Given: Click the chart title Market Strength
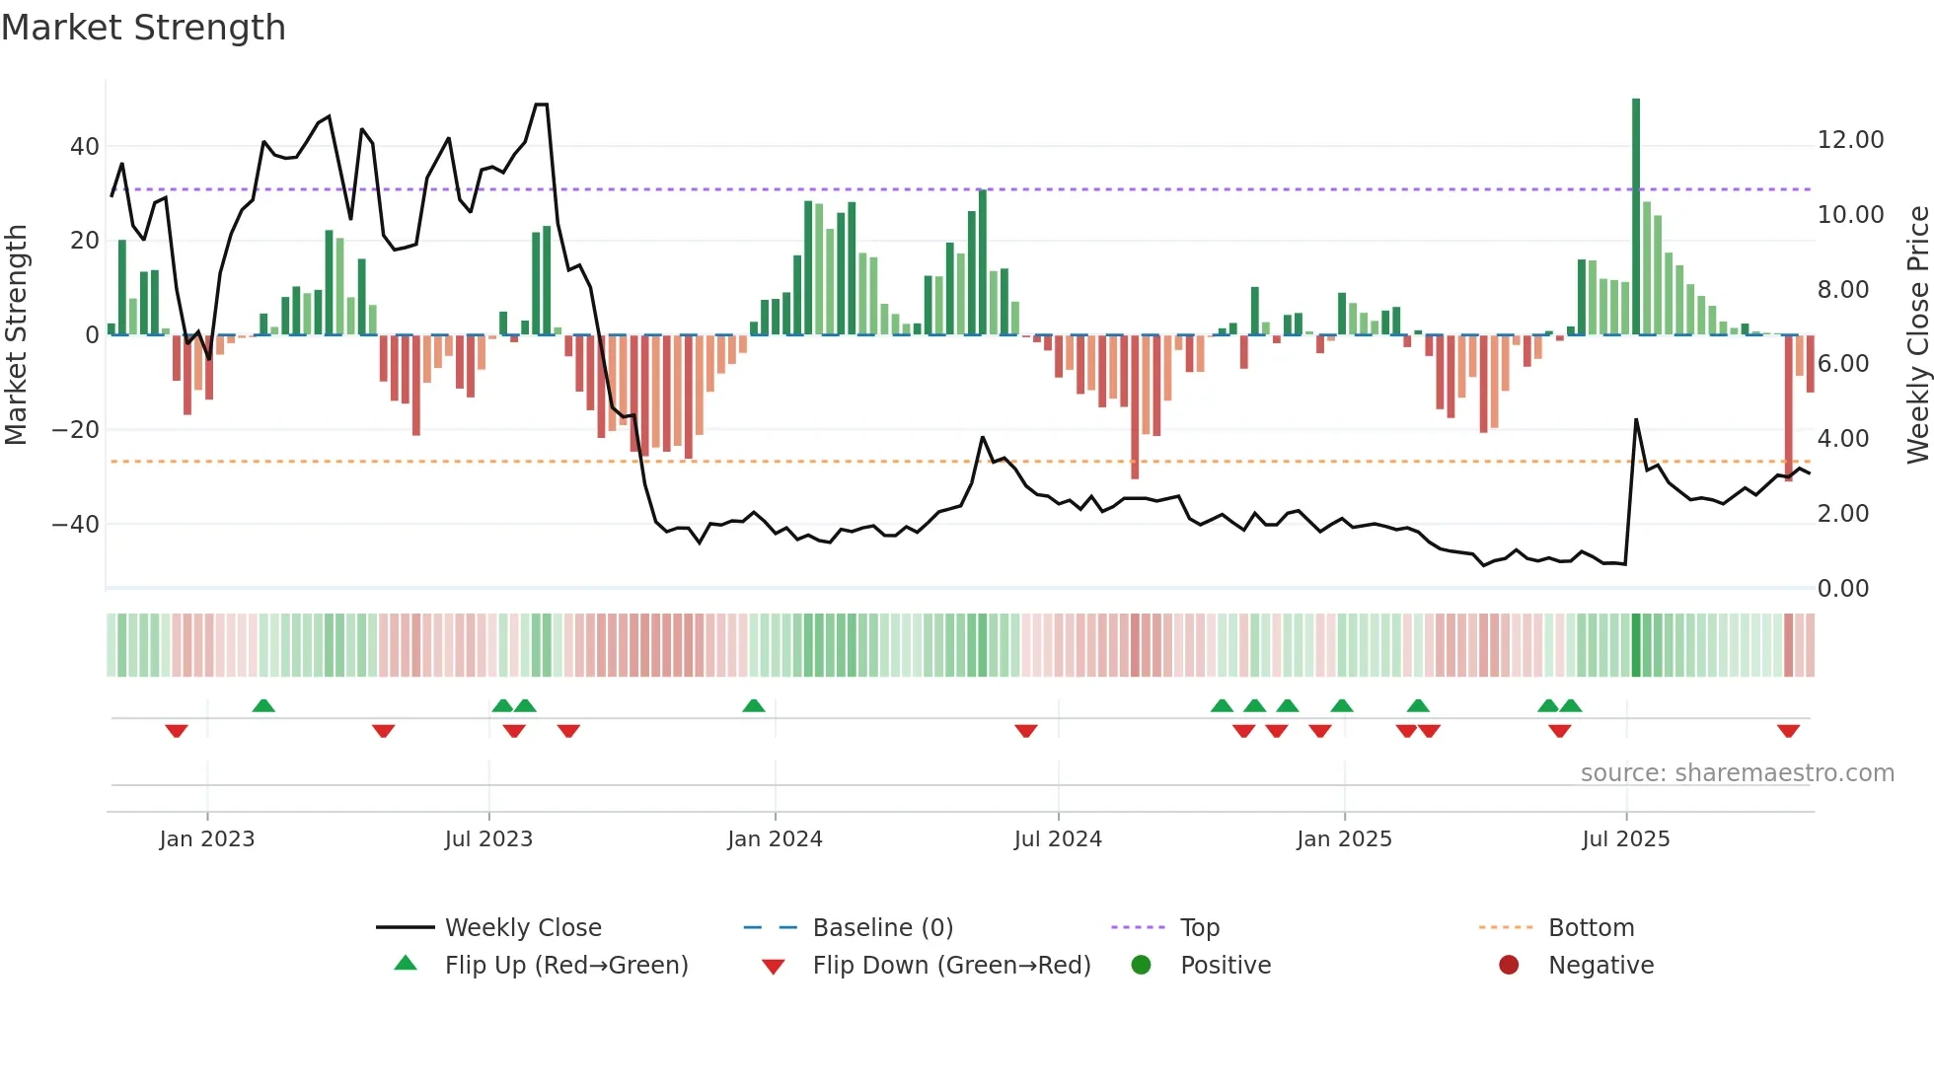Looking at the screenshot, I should tap(143, 28).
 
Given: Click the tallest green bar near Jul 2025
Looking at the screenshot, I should tap(1636, 217).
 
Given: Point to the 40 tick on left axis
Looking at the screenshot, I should tap(85, 147).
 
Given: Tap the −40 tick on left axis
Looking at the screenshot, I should tap(76, 525).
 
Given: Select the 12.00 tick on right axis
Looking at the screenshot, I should tap(1850, 140).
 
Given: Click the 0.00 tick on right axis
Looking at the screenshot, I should tap(1842, 589).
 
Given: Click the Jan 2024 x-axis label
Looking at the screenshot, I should tap(775, 839).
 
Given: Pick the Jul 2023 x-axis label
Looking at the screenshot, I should tap(488, 839).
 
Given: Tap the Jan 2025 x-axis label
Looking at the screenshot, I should tap(1344, 839).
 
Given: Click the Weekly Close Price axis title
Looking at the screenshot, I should tap(1917, 335).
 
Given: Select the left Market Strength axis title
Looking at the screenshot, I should tap(17, 335).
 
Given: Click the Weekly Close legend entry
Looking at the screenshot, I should tap(522, 928).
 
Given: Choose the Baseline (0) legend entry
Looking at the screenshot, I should tap(882, 928).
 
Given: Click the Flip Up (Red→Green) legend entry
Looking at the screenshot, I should tap(565, 966).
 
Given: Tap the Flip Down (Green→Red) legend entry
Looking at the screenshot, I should tap(951, 966).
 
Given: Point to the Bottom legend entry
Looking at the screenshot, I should tap(1591, 928).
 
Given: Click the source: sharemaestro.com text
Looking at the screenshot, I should tap(1737, 773).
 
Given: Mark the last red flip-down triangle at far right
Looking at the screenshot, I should tap(1788, 731).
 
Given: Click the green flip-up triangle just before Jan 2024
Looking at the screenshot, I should tap(754, 705).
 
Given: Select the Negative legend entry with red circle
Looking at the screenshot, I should tap(1599, 966).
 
